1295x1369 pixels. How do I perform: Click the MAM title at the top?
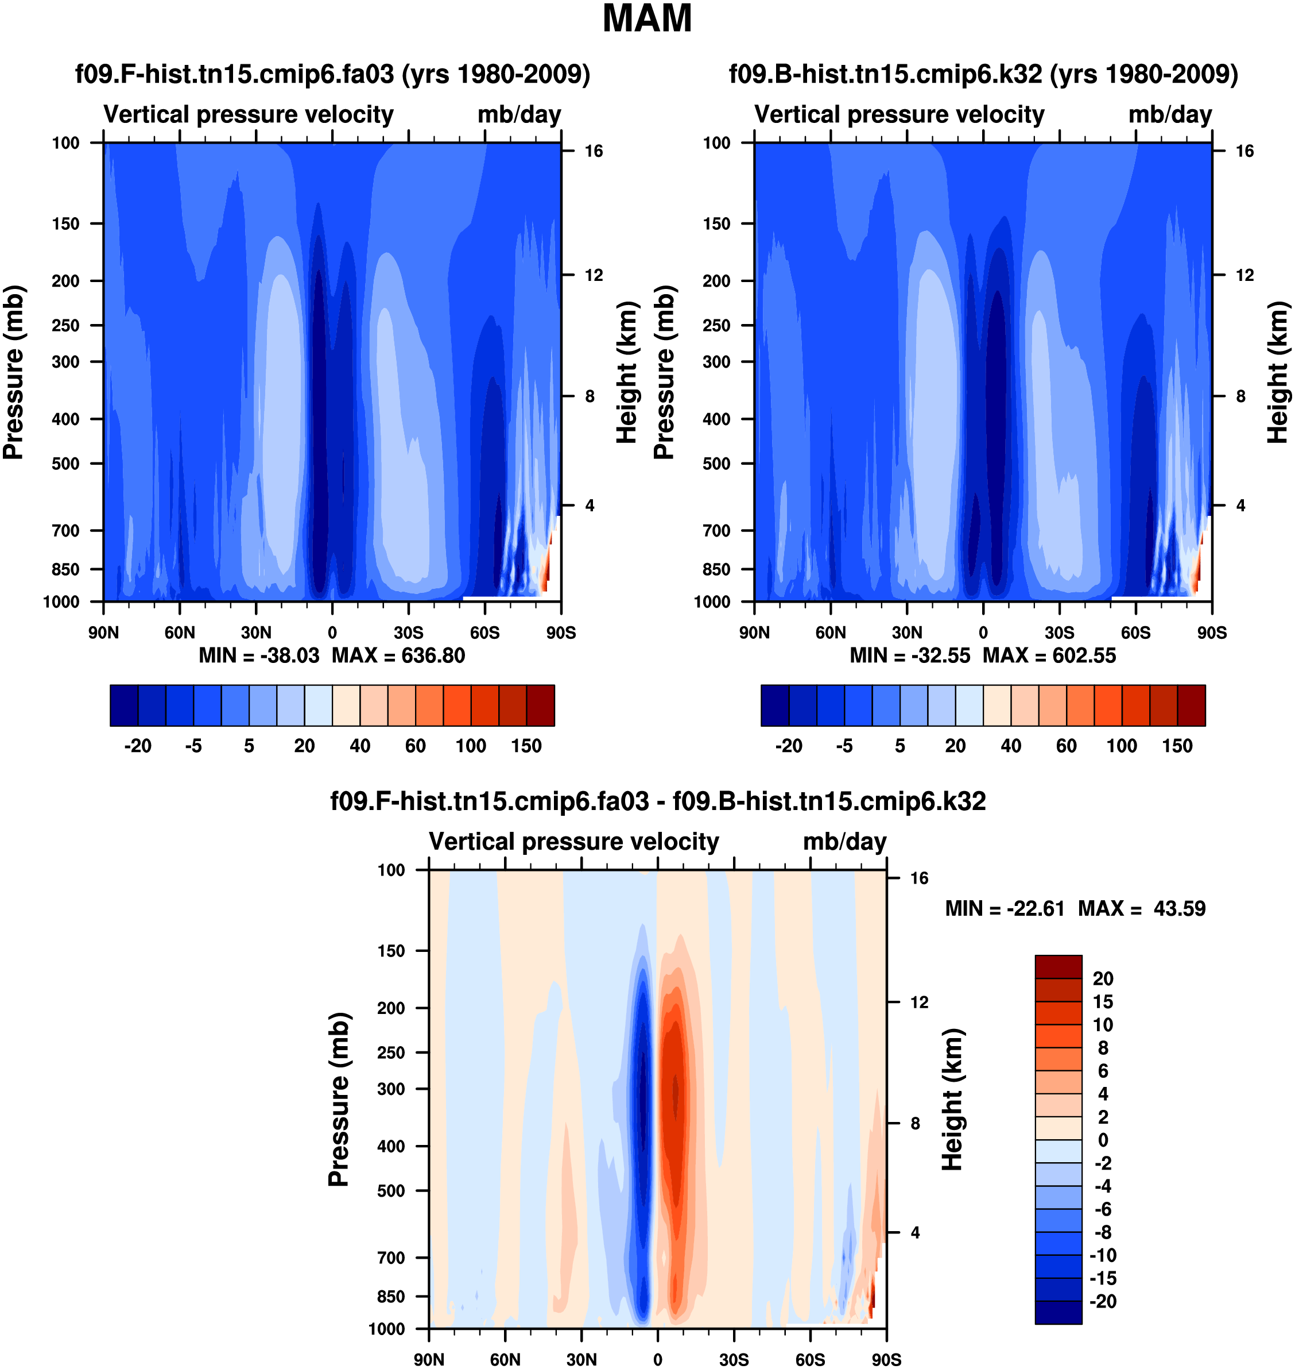[647, 18]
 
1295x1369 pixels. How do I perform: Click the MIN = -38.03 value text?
[259, 655]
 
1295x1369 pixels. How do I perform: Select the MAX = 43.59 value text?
[1142, 908]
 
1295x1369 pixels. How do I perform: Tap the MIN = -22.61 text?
[1005, 908]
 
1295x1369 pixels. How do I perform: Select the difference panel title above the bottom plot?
[658, 801]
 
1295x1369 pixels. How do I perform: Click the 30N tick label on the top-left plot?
[256, 633]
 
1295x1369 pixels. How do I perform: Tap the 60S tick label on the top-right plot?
[1135, 633]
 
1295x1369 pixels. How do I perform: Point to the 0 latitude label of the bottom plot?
[657, 1359]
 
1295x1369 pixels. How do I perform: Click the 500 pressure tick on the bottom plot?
[391, 1191]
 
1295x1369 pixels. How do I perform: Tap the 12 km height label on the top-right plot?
[1244, 276]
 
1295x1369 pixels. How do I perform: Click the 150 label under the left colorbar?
[526, 746]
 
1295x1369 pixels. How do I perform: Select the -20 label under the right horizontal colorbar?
[788, 746]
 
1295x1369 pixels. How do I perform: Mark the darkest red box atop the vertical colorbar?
[1059, 966]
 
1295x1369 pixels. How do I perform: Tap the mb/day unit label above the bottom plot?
[844, 842]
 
